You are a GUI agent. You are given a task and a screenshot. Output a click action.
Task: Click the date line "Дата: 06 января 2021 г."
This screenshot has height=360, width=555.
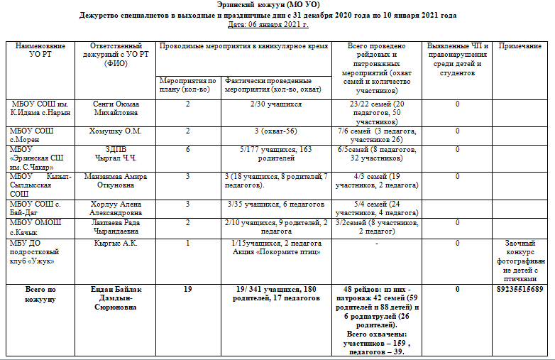click(268, 25)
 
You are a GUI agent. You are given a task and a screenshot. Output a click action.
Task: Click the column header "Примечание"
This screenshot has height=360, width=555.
click(520, 46)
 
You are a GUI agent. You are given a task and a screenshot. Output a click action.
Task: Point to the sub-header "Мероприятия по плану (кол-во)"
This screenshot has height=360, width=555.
click(188, 86)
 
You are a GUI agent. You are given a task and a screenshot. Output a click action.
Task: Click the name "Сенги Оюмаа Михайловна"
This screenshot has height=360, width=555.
click(116, 108)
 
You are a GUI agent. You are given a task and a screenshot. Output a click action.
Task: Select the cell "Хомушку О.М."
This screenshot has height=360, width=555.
click(116, 131)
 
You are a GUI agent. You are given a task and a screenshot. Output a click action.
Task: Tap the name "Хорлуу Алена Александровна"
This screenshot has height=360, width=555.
click(116, 207)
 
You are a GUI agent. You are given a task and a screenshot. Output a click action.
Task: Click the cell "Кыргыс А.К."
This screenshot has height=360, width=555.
click(116, 244)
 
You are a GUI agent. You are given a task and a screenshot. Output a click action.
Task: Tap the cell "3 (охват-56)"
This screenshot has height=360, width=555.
click(275, 131)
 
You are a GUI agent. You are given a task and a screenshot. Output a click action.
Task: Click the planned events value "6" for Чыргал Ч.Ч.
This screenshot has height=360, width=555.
click(188, 150)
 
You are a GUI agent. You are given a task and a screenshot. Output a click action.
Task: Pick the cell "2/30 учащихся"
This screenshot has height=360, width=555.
click(275, 104)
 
